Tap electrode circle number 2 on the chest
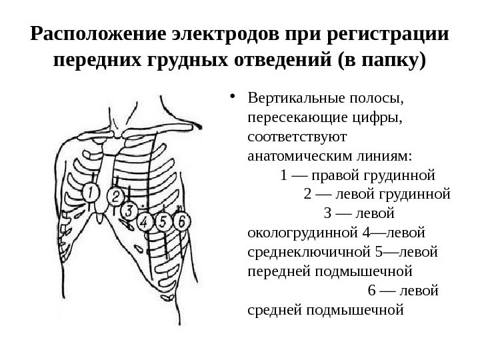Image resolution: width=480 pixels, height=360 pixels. tap(115, 196)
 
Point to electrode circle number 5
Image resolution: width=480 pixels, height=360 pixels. tap(163, 221)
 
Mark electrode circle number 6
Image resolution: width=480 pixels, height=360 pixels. tap(180, 220)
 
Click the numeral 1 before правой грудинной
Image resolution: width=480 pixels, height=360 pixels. tap(285, 176)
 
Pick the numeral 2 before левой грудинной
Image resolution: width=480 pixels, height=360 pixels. tap(307, 195)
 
